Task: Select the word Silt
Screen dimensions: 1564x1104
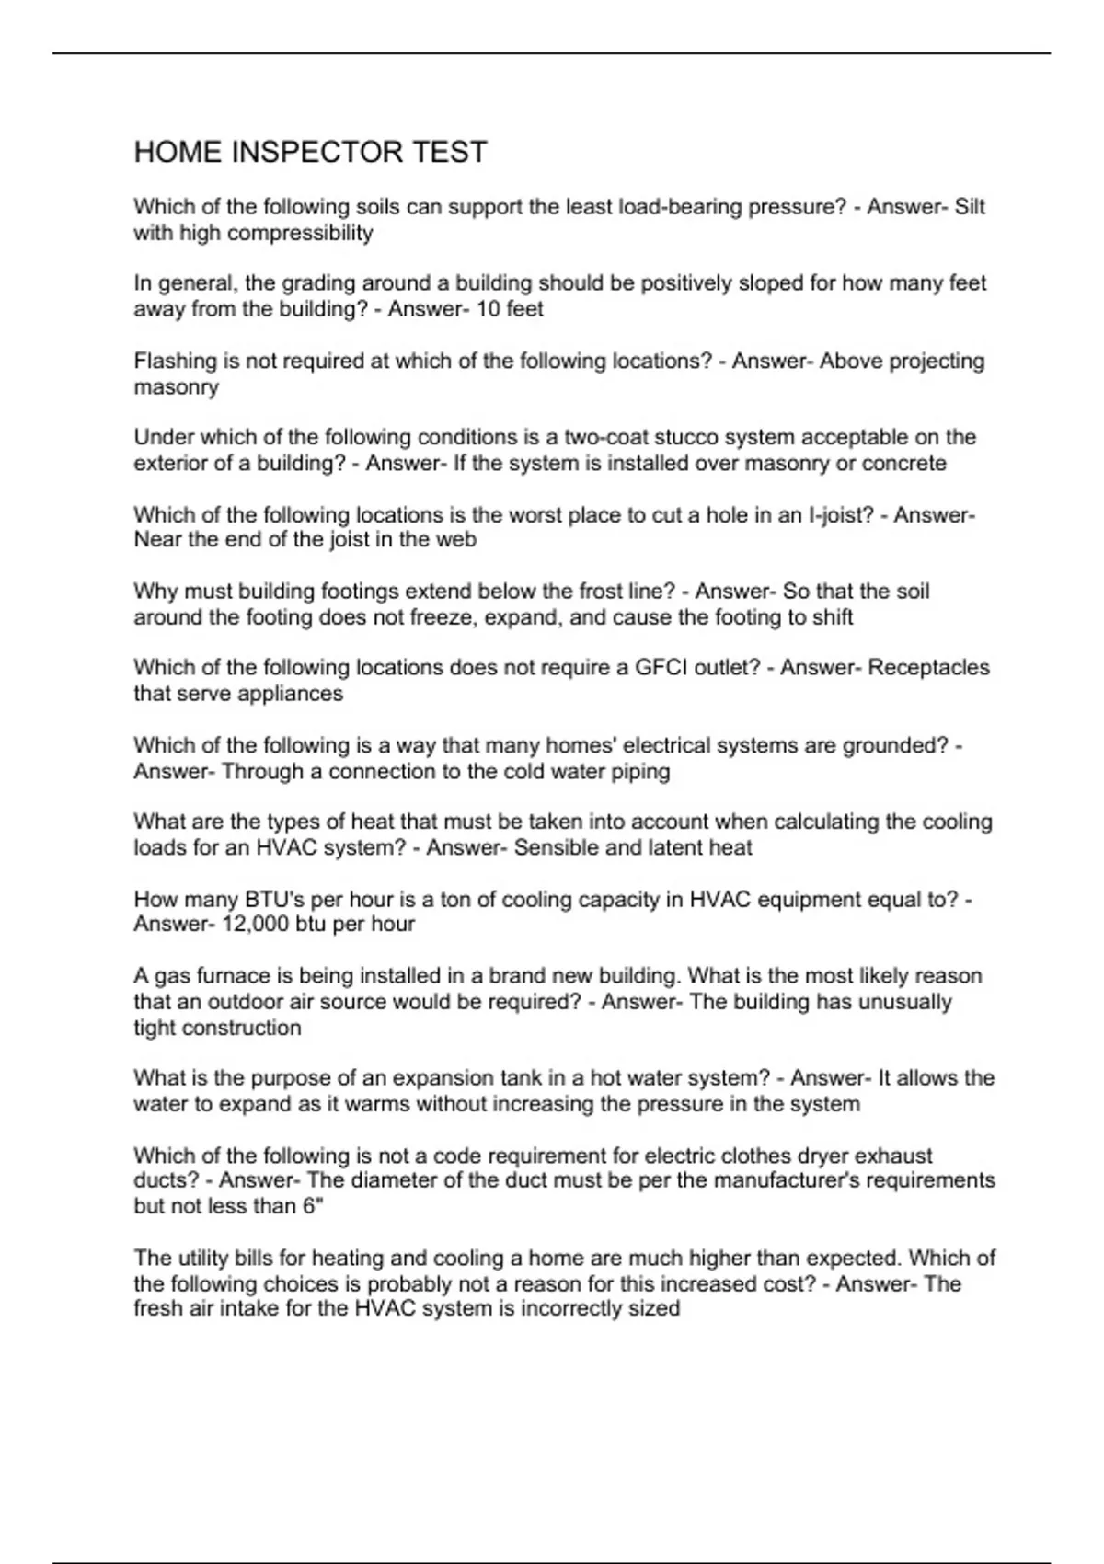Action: click(x=970, y=207)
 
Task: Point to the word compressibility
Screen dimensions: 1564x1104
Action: click(x=300, y=233)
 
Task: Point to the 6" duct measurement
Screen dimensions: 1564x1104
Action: click(x=313, y=1206)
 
